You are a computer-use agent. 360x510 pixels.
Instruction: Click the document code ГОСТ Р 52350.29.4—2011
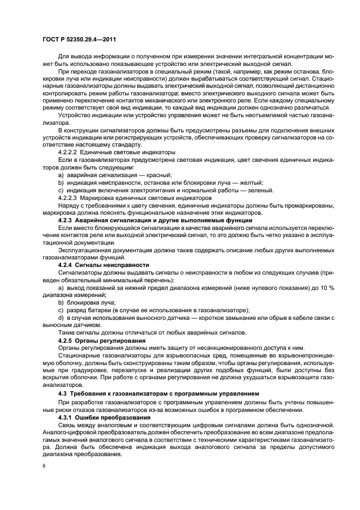click(80, 40)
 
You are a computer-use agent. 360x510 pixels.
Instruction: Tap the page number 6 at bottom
click(44, 466)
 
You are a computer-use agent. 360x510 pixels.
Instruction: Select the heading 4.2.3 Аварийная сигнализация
click(155, 220)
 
